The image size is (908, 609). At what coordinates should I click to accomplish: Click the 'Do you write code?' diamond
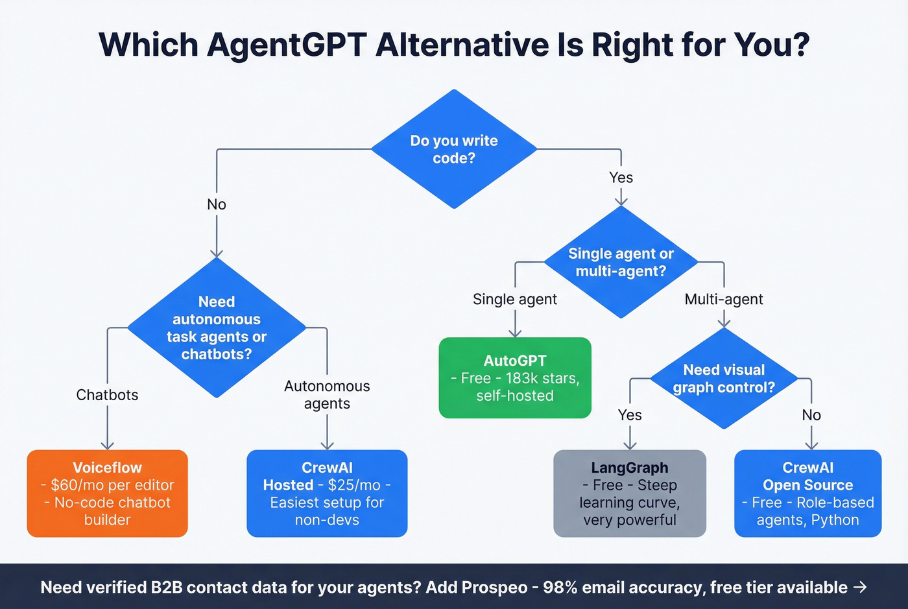[x=454, y=149]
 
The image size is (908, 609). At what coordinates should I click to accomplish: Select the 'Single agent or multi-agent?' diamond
[x=621, y=262]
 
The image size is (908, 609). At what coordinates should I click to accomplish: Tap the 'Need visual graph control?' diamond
[x=724, y=378]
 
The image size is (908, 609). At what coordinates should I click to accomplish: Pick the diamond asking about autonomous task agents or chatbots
[x=217, y=328]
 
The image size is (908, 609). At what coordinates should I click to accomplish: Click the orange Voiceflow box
[x=107, y=494]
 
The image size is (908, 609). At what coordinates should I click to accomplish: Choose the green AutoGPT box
[x=515, y=377]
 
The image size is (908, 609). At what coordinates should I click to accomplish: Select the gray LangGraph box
[x=629, y=494]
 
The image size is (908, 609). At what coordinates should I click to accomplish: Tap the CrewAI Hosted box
[x=327, y=494]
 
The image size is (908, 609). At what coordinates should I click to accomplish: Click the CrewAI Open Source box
[x=807, y=494]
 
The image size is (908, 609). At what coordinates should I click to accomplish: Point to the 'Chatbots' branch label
[x=107, y=395]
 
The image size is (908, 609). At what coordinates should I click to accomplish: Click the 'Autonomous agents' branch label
[x=327, y=394]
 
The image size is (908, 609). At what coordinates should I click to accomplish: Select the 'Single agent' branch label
[x=514, y=299]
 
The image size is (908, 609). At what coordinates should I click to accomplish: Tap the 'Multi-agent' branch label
[x=724, y=299]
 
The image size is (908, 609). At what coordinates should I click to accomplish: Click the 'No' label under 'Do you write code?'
[x=217, y=204]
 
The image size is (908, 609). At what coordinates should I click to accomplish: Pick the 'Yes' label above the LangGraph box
[x=629, y=415]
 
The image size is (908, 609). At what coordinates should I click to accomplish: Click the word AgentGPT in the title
[x=287, y=45]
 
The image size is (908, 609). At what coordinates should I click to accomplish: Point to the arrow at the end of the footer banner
[x=860, y=587]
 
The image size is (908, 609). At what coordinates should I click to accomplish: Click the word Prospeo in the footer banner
[x=494, y=588]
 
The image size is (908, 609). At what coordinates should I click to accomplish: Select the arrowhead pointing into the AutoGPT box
[x=515, y=333]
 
